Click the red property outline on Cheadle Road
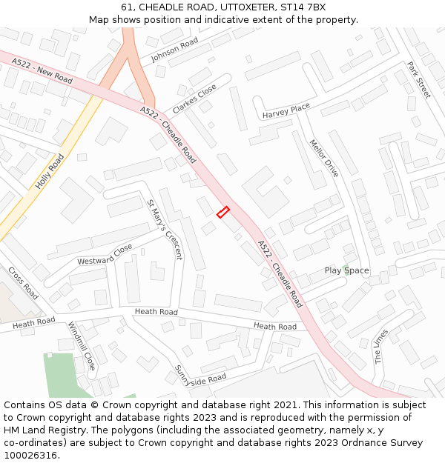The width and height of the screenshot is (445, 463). click(222, 213)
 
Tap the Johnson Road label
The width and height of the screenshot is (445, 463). click(175, 50)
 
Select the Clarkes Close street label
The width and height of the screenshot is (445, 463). click(194, 99)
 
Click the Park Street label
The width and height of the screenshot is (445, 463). click(418, 80)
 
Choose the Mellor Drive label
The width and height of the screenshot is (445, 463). click(323, 159)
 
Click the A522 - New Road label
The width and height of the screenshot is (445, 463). click(42, 72)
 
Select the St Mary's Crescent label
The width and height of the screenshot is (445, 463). click(164, 229)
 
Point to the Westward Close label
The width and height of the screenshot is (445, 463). click(105, 254)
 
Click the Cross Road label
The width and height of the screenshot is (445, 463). click(23, 283)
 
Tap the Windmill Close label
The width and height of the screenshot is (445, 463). click(82, 346)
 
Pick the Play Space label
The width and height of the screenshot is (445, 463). click(346, 270)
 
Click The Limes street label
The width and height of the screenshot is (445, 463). click(380, 346)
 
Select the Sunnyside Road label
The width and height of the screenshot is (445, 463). click(200, 376)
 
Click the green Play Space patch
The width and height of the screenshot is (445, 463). click(346, 266)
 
